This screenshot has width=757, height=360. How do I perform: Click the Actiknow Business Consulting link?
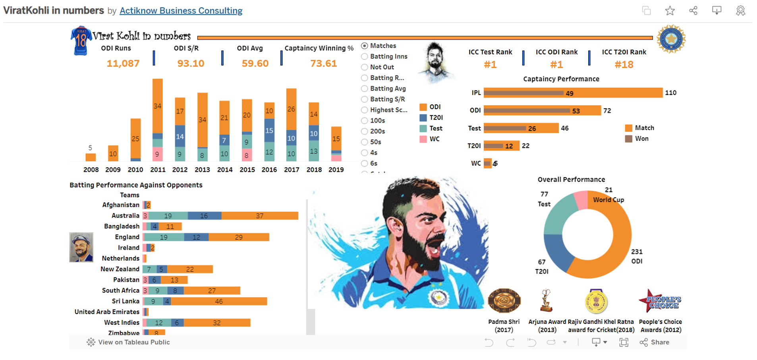click(181, 11)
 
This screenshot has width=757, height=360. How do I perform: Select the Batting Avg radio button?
click(364, 89)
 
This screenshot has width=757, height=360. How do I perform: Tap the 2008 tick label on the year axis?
click(91, 170)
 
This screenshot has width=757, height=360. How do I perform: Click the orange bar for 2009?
click(113, 153)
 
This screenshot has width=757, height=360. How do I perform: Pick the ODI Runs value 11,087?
click(123, 64)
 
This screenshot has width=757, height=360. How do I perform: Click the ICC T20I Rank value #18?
click(624, 65)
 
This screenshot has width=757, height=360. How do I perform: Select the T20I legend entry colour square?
click(423, 118)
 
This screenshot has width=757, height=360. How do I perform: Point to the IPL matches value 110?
click(670, 93)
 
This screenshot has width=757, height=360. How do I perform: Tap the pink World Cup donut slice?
click(581, 200)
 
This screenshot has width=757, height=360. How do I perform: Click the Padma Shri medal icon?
click(504, 301)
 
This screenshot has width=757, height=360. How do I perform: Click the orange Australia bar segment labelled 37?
click(260, 216)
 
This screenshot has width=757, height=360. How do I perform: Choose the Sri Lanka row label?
click(126, 301)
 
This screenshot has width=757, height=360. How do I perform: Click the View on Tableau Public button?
click(128, 342)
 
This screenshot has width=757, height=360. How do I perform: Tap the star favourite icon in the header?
click(670, 11)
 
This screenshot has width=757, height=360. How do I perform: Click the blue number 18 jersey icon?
click(81, 40)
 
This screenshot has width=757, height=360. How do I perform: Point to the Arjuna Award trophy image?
click(547, 300)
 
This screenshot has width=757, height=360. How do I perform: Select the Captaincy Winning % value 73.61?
click(323, 64)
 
